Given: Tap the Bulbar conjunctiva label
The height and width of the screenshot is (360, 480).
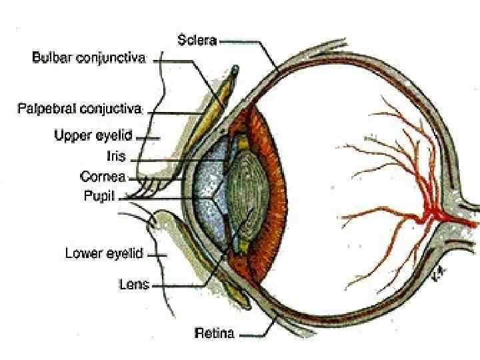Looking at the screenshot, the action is pos(89,58).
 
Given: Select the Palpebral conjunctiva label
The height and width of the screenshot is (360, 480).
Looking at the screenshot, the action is pos(81,107).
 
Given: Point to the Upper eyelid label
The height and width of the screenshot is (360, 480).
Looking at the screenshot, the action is pos(94,136).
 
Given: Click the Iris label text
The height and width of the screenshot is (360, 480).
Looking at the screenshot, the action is pos(116,157).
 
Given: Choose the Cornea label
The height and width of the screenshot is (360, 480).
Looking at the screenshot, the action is pos(103,177).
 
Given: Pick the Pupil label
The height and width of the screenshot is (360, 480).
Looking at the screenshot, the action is pos(100,196).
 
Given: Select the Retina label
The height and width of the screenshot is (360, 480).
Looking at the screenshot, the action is pos(214,333).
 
